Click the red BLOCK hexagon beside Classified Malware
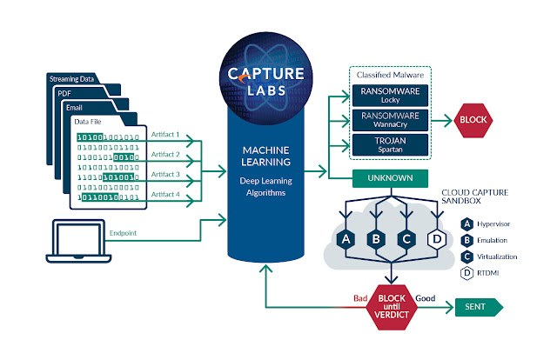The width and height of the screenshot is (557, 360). (473, 120)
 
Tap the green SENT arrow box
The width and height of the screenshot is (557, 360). (479, 307)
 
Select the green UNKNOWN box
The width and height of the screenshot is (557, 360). (390, 178)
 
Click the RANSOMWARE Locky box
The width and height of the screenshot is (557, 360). (390, 96)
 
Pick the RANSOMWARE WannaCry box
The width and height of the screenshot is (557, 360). (390, 120)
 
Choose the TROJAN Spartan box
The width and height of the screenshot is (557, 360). (390, 144)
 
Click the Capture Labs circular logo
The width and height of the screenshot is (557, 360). (265, 79)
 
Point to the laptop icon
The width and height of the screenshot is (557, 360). (78, 241)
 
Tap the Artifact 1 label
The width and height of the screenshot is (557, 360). (165, 135)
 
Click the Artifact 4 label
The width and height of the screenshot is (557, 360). (165, 194)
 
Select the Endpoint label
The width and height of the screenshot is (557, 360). (123, 233)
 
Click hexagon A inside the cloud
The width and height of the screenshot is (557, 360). (346, 240)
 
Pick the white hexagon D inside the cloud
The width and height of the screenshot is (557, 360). (437, 240)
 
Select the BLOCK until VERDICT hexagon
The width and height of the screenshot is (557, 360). (392, 307)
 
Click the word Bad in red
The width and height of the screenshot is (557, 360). (360, 298)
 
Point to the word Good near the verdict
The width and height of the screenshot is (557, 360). (426, 298)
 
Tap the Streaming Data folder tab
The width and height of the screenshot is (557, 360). (71, 79)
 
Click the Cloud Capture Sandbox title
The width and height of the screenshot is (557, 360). (474, 197)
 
